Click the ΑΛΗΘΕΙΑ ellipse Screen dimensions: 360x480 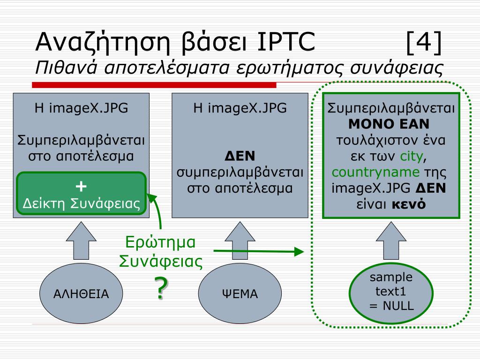[x=81, y=294]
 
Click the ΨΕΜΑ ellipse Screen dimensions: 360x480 [x=240, y=294]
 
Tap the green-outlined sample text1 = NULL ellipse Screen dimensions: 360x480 [x=391, y=292]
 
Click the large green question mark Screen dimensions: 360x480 [x=160, y=288]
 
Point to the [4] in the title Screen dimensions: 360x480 [x=424, y=43]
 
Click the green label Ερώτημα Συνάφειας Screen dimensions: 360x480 [x=161, y=252]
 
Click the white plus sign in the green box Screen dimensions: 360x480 [x=82, y=186]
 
